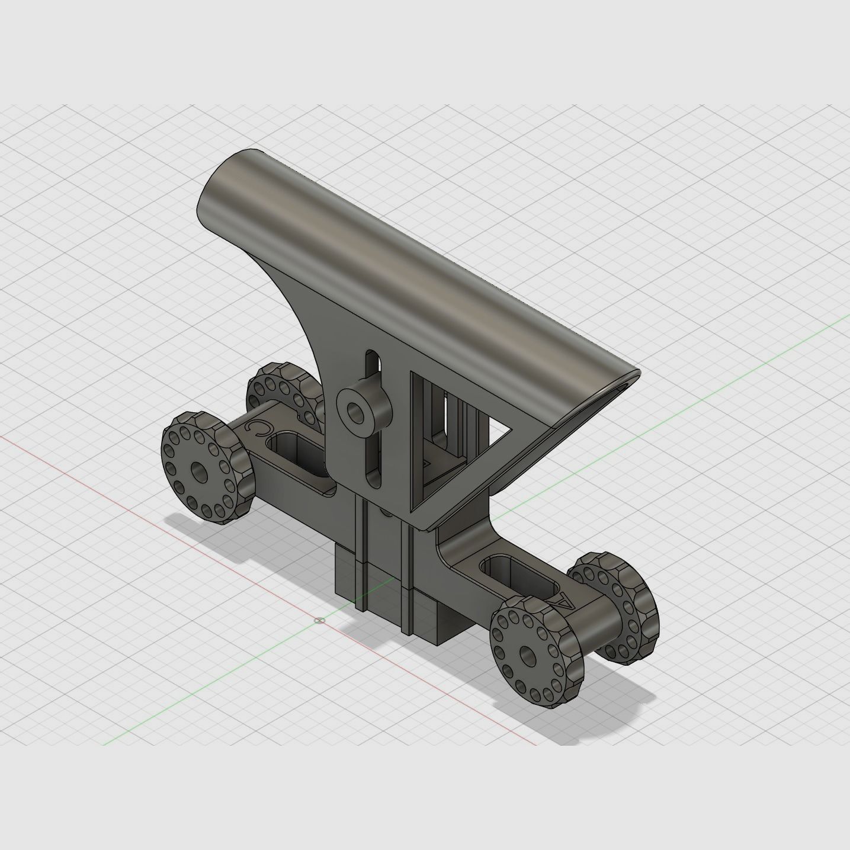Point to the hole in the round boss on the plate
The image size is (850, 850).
tap(355, 410)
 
